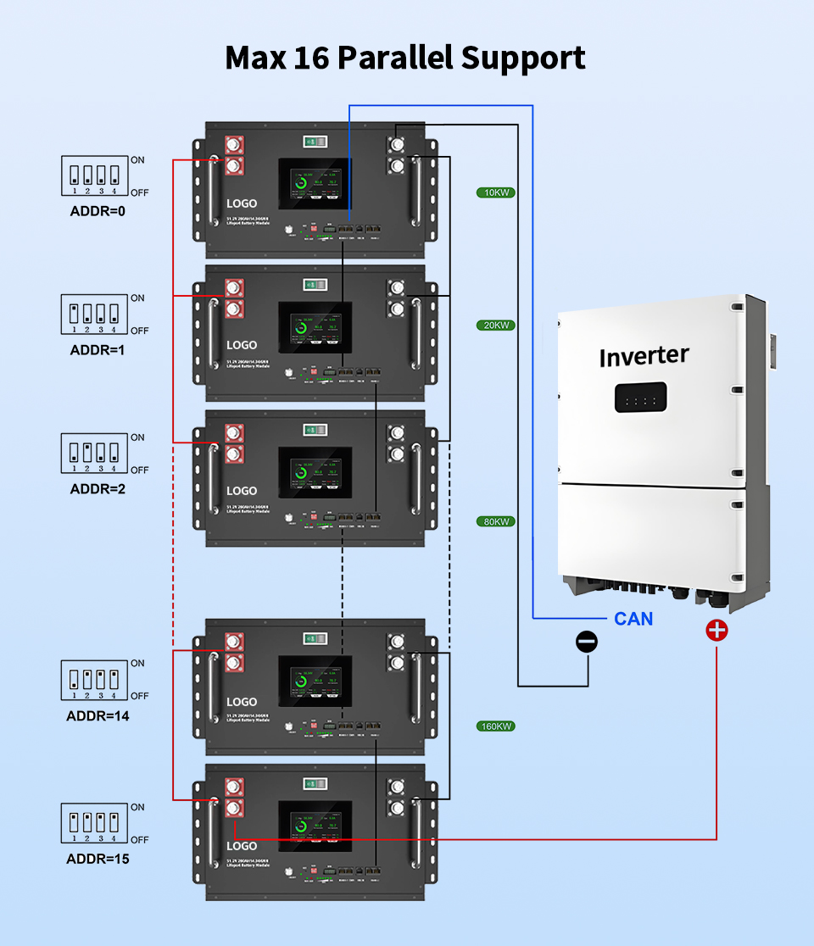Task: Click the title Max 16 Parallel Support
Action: (405, 58)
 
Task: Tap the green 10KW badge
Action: (496, 192)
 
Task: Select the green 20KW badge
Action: (496, 326)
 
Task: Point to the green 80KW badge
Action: (496, 521)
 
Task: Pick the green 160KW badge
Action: (496, 726)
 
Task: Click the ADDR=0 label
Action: (98, 210)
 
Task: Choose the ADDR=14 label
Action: (98, 715)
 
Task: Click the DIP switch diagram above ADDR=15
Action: (94, 823)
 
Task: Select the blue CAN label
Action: (633, 619)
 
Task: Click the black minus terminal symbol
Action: (587, 642)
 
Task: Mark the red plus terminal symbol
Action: (717, 631)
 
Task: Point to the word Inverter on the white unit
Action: (644, 356)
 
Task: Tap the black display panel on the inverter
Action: (640, 398)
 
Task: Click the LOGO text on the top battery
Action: (242, 204)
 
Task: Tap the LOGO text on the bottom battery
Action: (242, 846)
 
